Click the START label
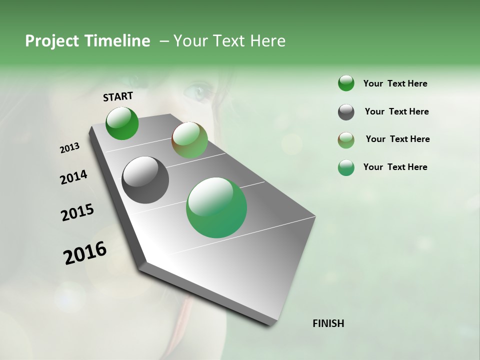pyautogui.click(x=118, y=96)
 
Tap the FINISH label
pyautogui.click(x=328, y=323)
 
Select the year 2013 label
pyautogui.click(x=69, y=148)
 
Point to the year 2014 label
pyautogui.click(x=73, y=177)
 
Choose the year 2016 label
pyautogui.click(x=85, y=252)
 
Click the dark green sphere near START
pyautogui.click(x=122, y=123)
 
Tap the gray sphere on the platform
pyautogui.click(x=145, y=180)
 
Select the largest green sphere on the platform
pyautogui.click(x=216, y=207)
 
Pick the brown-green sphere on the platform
pyautogui.click(x=189, y=140)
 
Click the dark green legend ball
pyautogui.click(x=346, y=83)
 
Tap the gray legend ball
pyautogui.click(x=346, y=112)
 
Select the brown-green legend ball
pyautogui.click(x=346, y=140)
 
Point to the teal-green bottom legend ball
pyautogui.click(x=346, y=167)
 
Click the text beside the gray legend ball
pyautogui.click(x=396, y=111)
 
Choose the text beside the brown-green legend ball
pyautogui.click(x=397, y=139)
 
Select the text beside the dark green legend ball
pyautogui.click(x=395, y=83)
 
